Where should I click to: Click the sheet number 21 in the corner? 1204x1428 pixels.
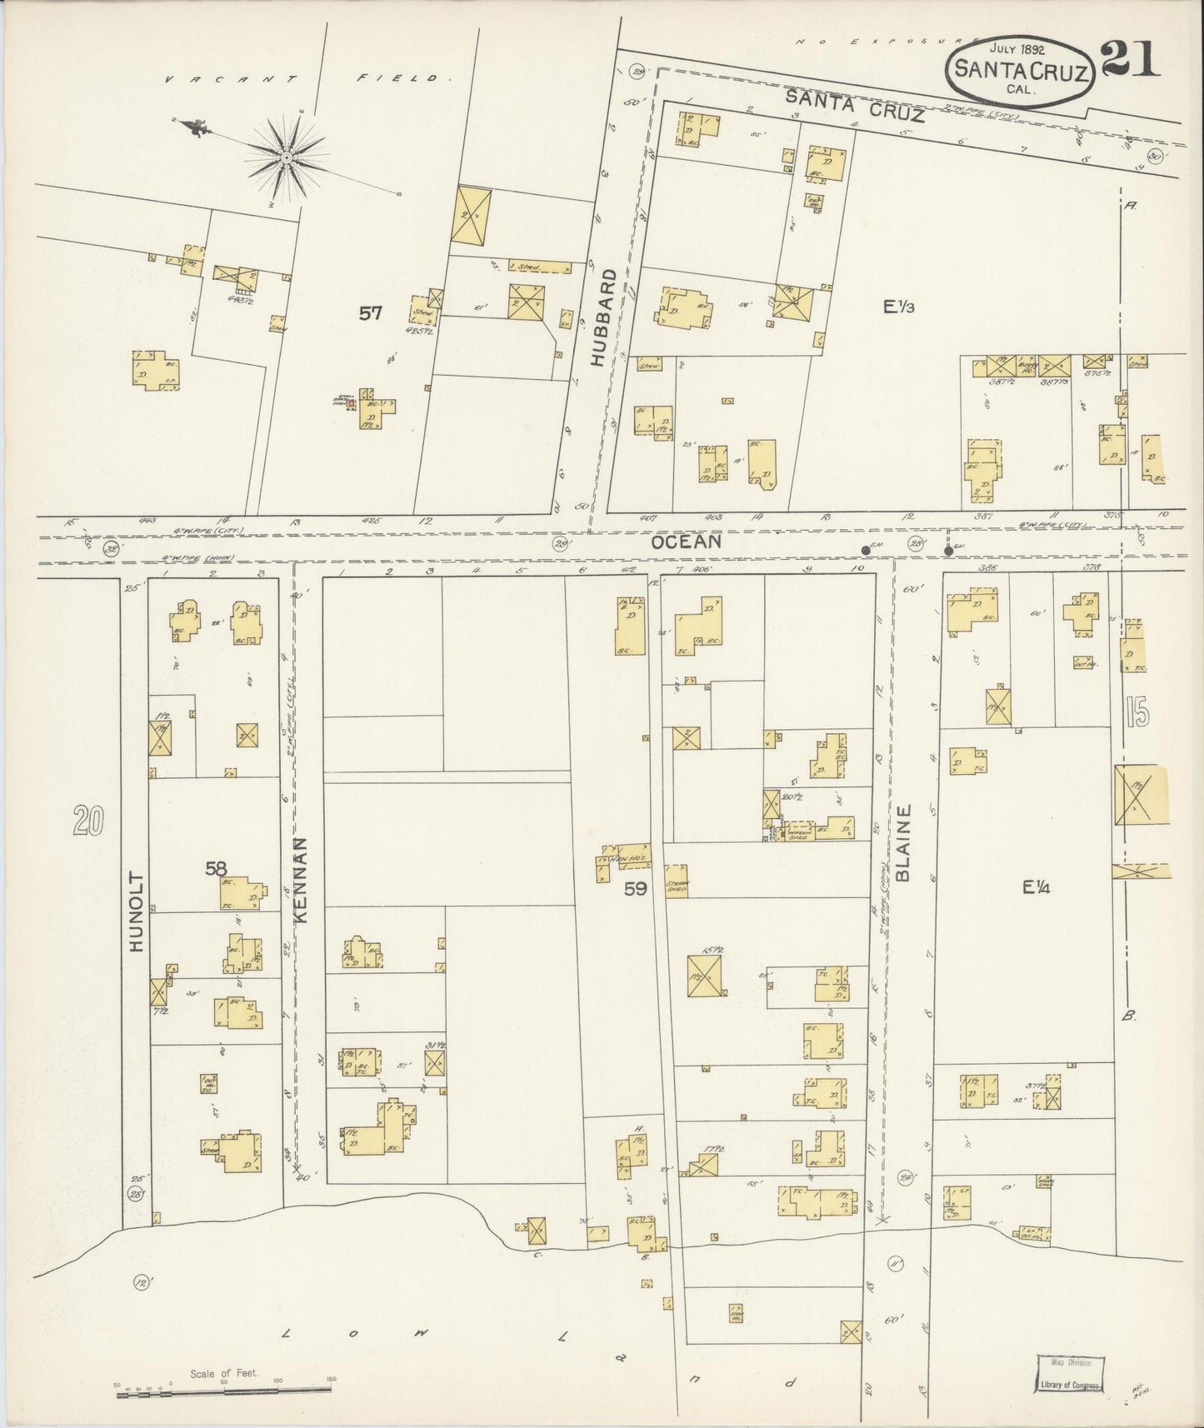point(1130,59)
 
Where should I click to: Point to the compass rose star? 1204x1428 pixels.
point(287,157)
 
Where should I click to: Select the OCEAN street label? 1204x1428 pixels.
point(686,542)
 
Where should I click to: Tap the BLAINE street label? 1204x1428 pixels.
point(906,841)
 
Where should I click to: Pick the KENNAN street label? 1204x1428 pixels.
point(302,880)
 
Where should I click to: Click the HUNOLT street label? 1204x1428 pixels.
point(137,912)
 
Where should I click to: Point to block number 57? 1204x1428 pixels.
point(371,313)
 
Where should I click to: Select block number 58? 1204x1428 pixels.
point(217,869)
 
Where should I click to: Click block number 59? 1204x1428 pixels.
point(636,889)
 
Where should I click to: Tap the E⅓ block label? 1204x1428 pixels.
point(899,307)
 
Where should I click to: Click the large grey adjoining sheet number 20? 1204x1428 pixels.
point(87,821)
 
